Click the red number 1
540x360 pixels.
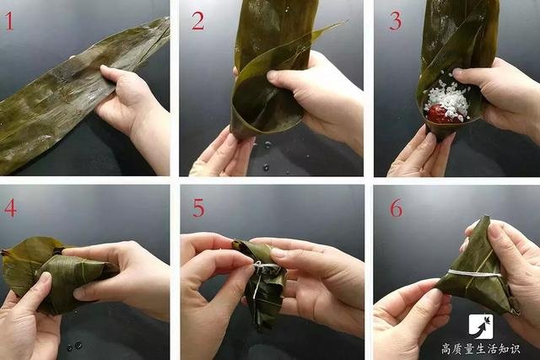tap(9, 20)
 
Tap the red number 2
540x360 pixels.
tap(198, 20)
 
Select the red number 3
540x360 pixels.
tap(396, 20)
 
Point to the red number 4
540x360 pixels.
tap(10, 207)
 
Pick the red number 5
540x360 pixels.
tap(199, 207)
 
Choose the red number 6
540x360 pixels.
tap(396, 207)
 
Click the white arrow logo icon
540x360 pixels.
tap(481, 326)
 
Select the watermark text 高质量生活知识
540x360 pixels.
tap(481, 349)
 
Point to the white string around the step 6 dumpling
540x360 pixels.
tap(474, 274)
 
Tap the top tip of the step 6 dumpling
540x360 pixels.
tap(486, 217)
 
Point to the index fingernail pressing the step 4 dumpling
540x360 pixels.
tap(45, 276)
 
